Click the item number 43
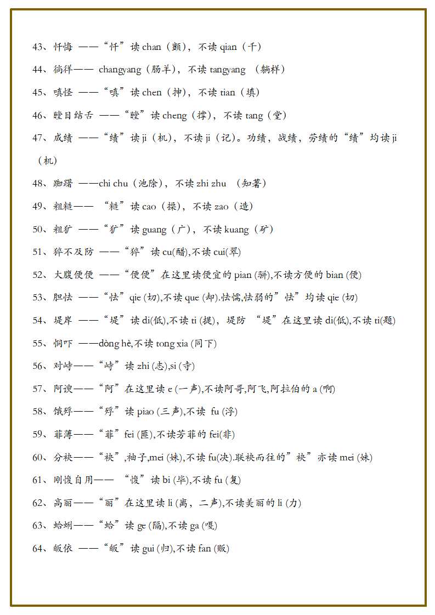point(38,47)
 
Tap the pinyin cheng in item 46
point(174,116)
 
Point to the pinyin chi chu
point(113,184)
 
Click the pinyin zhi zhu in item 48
point(211,184)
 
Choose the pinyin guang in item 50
point(154,230)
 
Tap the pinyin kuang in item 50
point(236,230)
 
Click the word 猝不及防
point(74,252)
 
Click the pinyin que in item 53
point(192,298)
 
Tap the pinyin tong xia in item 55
point(172,344)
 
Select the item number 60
point(38,458)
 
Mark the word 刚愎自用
point(74,480)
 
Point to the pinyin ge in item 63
point(142,526)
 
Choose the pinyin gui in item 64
point(148,549)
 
